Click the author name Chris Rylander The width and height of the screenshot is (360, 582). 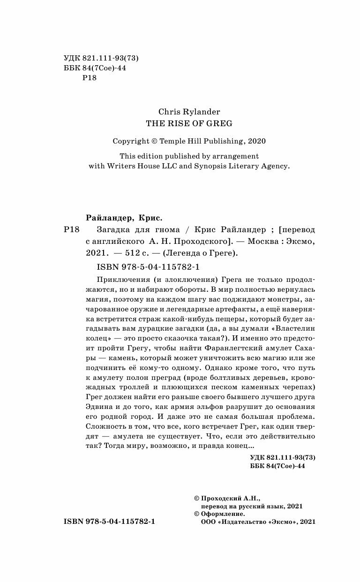tap(189, 112)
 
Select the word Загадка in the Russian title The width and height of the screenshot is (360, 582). tap(111, 230)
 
